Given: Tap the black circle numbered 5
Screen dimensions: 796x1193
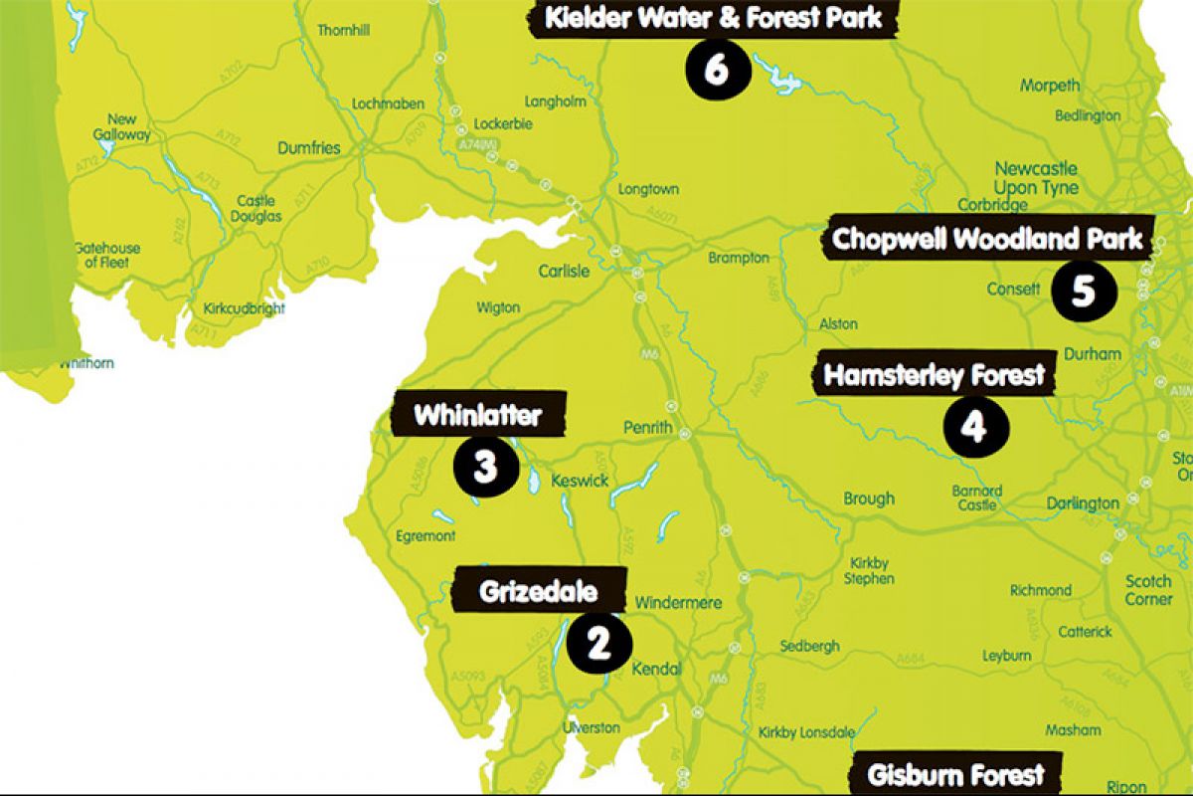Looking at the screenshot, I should coord(1083,291).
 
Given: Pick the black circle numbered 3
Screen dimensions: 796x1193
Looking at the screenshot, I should coord(484,466).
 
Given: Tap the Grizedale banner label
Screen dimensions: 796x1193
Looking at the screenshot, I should coord(539,592).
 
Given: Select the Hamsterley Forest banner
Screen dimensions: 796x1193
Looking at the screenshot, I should coord(935,375).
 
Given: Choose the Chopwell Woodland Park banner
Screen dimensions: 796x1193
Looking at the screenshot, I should coord(988,240).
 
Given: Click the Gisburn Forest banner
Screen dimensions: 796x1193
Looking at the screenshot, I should coord(955,775).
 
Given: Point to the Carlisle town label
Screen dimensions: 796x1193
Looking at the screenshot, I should coord(564,271).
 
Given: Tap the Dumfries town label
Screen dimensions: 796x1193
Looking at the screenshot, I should coord(308,148).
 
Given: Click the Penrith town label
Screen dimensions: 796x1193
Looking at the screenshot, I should coord(648,429).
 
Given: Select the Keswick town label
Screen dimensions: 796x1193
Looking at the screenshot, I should coord(580,481).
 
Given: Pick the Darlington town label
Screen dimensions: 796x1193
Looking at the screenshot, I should coord(1083,503).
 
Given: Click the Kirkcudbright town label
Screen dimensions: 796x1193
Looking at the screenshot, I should coord(244,308).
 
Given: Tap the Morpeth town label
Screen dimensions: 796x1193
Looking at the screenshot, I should coord(1049,86).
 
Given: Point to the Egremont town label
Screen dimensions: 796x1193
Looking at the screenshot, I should coord(425,535).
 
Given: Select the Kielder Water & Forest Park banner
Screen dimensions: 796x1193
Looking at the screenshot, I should coord(713,17).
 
